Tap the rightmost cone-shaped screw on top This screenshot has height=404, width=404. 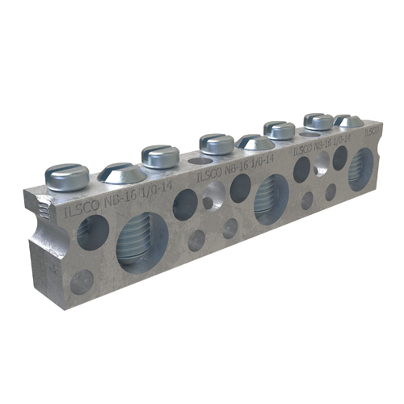click(x=349, y=120)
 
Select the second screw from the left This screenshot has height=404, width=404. click(x=120, y=171)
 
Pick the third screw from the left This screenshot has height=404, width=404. click(x=159, y=154)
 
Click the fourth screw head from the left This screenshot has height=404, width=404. click(x=216, y=143)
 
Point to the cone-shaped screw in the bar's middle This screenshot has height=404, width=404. click(x=255, y=142)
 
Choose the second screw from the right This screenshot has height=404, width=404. click(x=318, y=121)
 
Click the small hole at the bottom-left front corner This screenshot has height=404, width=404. click(x=81, y=280)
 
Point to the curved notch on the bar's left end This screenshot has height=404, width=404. click(x=40, y=214)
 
